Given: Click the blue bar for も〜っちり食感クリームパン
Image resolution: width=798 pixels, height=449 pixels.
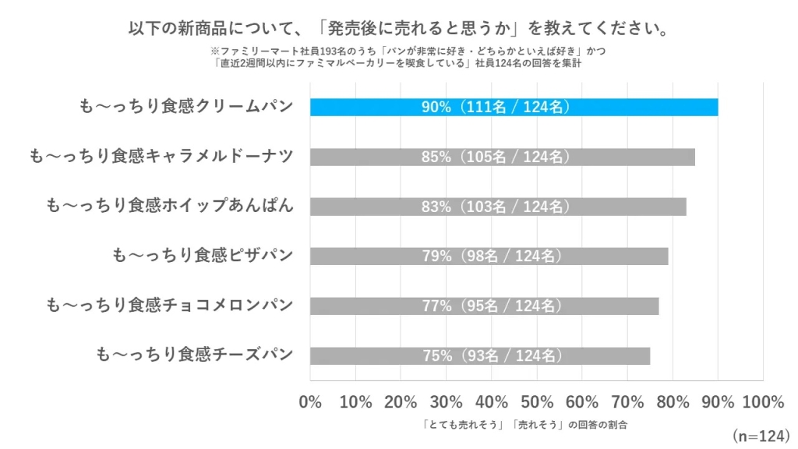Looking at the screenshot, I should click(514, 107).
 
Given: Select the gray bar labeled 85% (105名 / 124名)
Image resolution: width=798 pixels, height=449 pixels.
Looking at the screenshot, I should click(502, 157).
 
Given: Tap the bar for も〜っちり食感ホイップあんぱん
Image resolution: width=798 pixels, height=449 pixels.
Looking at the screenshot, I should click(498, 207).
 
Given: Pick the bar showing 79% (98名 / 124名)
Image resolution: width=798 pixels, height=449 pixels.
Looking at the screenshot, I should click(489, 256).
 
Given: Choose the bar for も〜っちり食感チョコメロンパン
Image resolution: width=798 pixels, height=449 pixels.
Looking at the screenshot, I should click(484, 306).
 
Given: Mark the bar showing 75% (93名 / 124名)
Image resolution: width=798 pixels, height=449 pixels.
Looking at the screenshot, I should click(479, 355).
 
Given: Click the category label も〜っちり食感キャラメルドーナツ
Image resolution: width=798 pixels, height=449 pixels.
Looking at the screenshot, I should click(161, 157).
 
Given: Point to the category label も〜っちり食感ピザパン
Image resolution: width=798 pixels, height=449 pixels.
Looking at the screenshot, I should click(203, 256).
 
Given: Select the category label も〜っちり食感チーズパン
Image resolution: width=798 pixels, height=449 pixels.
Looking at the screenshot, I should click(194, 355).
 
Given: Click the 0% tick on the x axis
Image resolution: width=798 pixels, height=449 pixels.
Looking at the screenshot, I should click(310, 402).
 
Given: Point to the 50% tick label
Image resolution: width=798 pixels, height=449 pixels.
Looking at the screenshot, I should click(537, 402).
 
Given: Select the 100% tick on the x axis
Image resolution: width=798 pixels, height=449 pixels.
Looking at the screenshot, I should click(763, 402).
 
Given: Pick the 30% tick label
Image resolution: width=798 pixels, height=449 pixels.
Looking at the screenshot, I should click(447, 402).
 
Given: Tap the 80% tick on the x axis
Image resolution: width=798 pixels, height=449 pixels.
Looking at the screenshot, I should click(673, 402).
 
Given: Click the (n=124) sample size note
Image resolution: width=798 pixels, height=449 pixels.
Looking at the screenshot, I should click(760, 434).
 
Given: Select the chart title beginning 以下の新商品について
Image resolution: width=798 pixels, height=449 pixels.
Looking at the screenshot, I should click(399, 29).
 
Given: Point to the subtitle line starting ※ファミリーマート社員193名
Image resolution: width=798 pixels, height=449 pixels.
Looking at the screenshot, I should click(399, 51).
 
